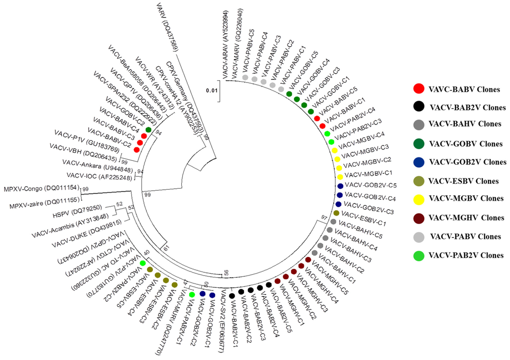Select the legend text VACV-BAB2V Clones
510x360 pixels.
click(468, 107)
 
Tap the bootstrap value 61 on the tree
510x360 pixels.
click(166, 247)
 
